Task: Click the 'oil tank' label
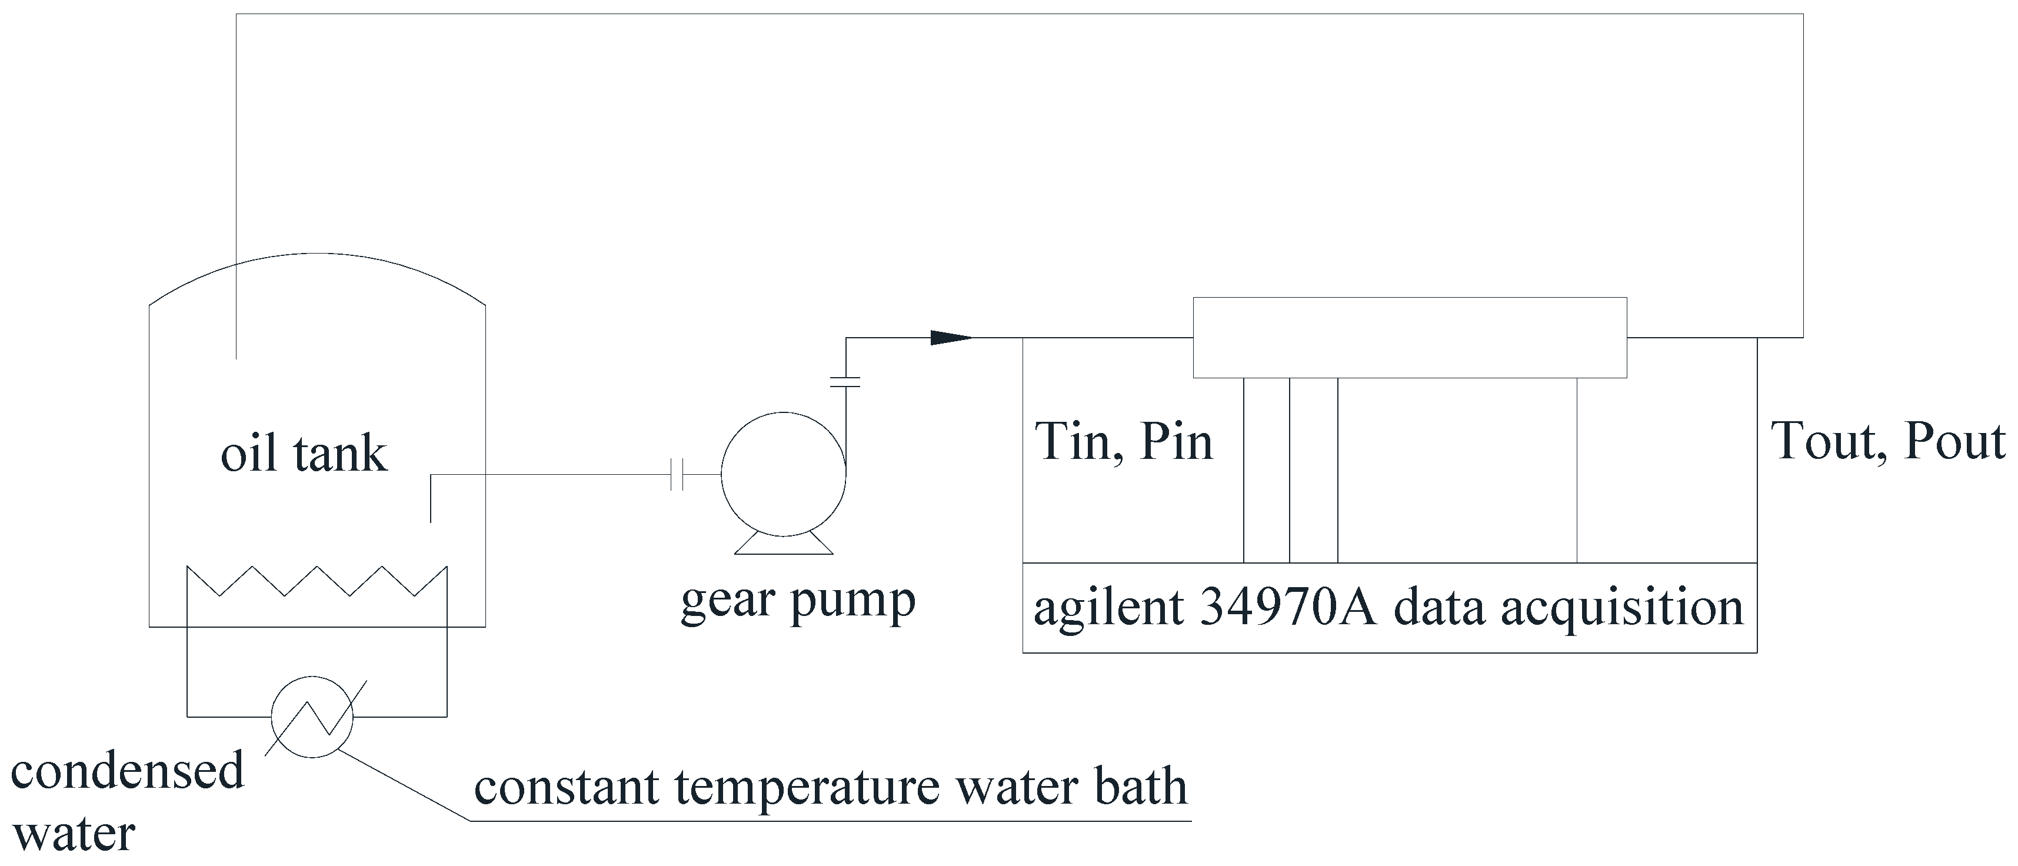pos(304,454)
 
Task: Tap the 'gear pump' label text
pos(797,601)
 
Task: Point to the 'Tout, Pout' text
pos(1888,442)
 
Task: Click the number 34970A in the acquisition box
pos(1288,608)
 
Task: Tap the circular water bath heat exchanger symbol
pos(312,717)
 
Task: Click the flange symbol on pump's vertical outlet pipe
pos(846,382)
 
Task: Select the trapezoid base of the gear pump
pos(784,545)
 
